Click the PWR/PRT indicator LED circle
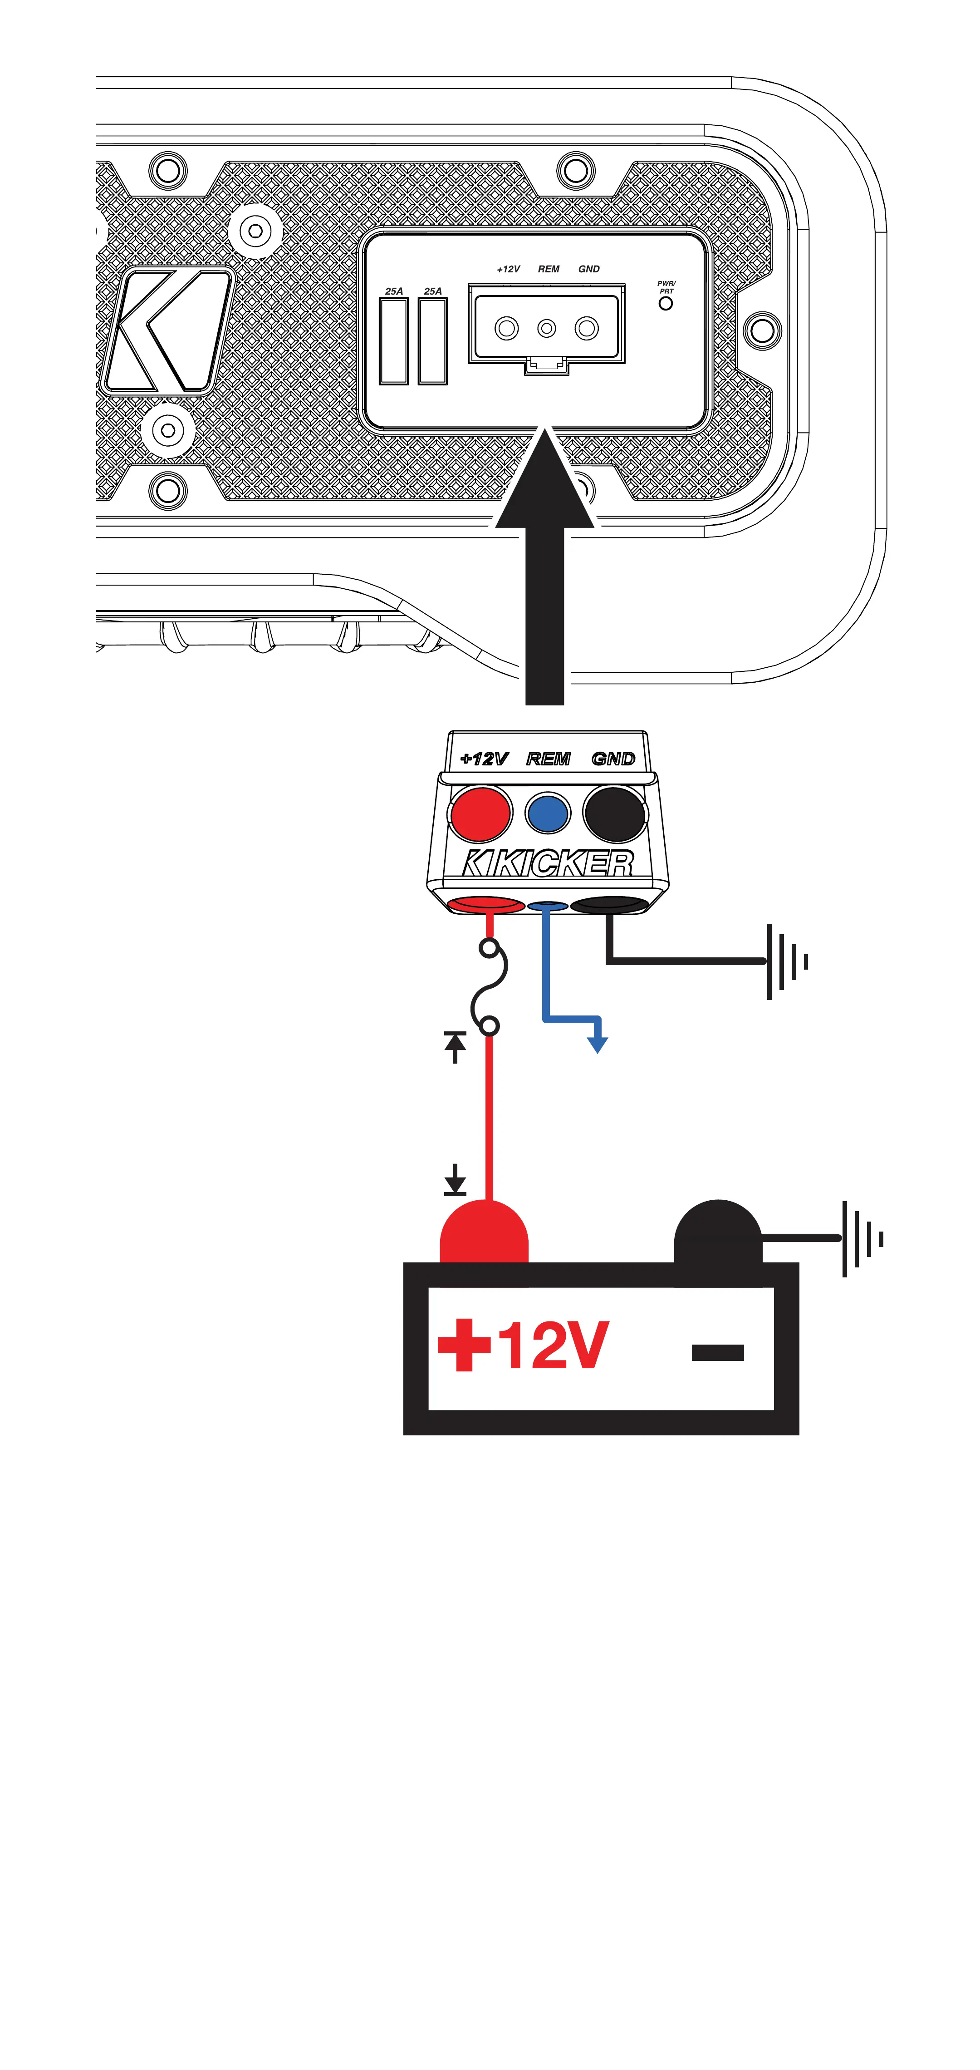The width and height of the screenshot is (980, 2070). coord(665,304)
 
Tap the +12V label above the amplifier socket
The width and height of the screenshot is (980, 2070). coord(509,269)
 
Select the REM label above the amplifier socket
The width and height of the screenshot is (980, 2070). coord(549,269)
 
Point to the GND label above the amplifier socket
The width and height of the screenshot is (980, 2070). coord(589,269)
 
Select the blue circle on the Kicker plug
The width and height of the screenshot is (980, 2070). coord(548,814)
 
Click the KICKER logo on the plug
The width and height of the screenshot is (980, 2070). coord(548,863)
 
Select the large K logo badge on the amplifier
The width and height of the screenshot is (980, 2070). coord(167,331)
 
